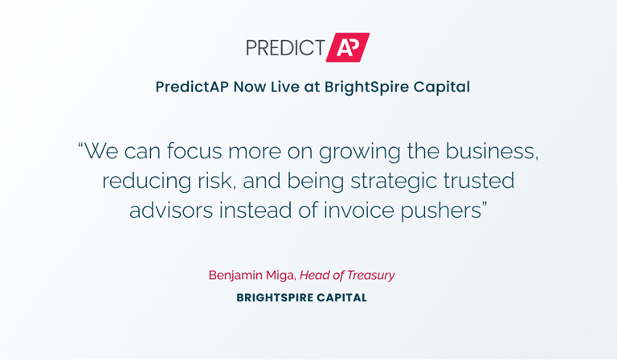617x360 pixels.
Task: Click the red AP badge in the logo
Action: [347, 47]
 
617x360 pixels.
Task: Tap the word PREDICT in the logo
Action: [285, 47]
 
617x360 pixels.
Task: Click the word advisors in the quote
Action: [171, 211]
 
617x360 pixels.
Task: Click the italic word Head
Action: [313, 275]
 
